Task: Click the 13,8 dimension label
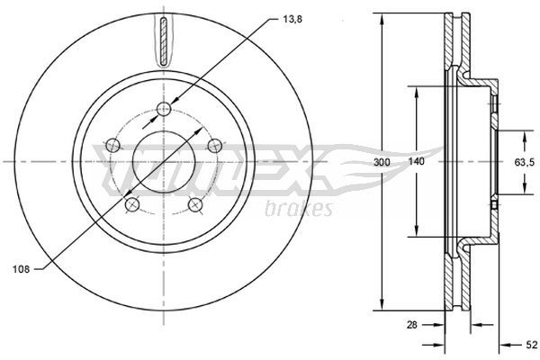click(x=292, y=20)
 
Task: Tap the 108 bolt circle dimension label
click(x=22, y=269)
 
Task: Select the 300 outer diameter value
click(x=382, y=162)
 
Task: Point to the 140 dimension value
click(x=417, y=161)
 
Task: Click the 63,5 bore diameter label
click(x=525, y=162)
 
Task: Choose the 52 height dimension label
click(x=532, y=345)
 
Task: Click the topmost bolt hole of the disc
click(x=164, y=110)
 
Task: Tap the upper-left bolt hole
click(x=112, y=146)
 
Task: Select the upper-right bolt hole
click(x=215, y=146)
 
